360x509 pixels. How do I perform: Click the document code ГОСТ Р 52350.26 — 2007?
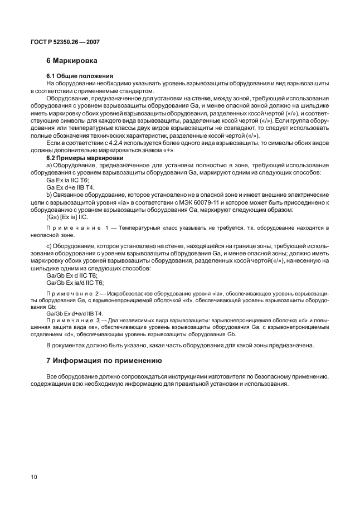click(65, 42)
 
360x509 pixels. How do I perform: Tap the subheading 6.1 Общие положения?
click(80, 75)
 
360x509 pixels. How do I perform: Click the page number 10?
click(35, 477)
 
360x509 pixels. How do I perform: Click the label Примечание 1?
click(74, 229)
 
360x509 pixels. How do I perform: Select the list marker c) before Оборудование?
click(49, 246)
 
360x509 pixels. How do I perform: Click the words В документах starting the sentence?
click(65, 345)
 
